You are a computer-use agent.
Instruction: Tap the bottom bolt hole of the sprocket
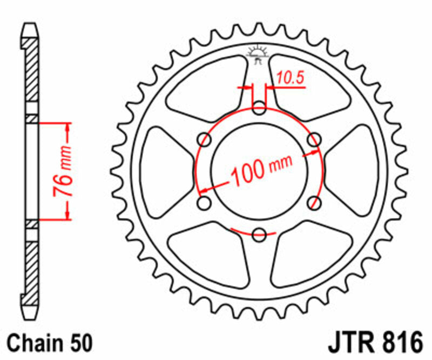tap(259, 235)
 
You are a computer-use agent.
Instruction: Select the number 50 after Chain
tap(80, 344)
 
